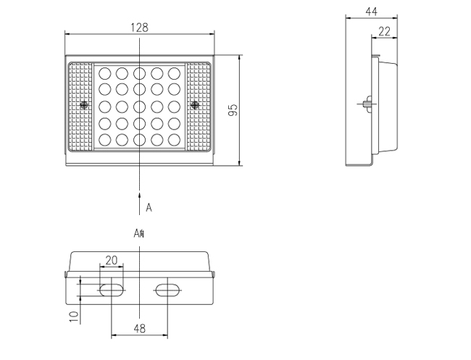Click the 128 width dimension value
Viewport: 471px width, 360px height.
(x=139, y=27)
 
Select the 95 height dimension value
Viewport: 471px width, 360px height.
(x=233, y=110)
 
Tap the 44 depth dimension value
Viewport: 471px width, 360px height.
(x=372, y=12)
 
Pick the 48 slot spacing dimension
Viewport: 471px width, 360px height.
(x=140, y=328)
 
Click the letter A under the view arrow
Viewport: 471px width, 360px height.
(x=149, y=208)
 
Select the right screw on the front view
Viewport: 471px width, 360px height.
(x=194, y=106)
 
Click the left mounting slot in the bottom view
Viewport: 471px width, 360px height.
(x=112, y=291)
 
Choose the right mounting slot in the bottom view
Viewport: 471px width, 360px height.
(x=167, y=291)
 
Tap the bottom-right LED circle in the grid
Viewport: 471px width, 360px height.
(x=174, y=140)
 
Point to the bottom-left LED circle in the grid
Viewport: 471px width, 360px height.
(x=104, y=140)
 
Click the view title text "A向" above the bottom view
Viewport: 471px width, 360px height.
(x=139, y=233)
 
